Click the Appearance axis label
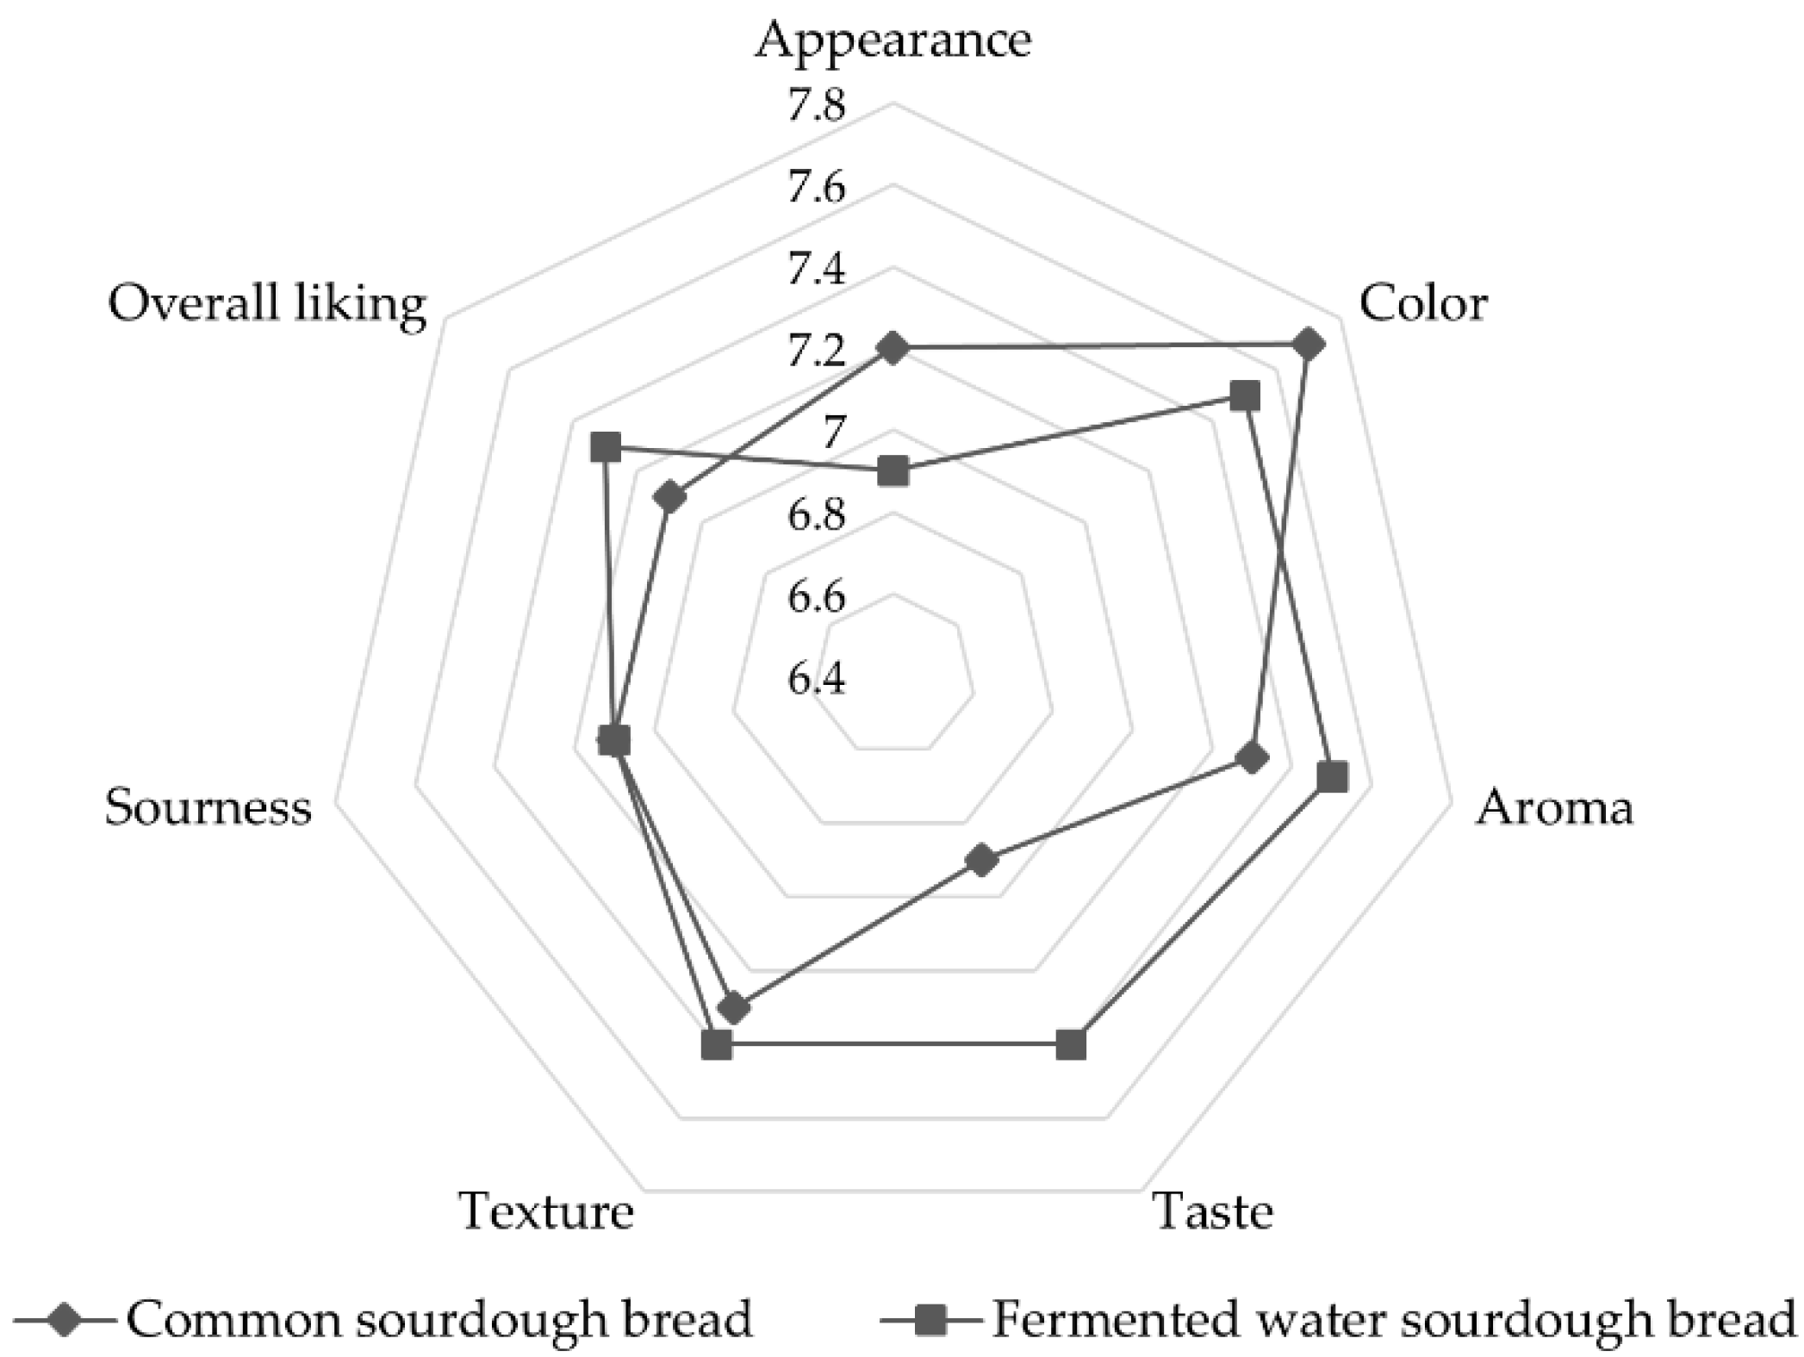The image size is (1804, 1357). click(893, 40)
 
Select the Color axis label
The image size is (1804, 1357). click(1422, 303)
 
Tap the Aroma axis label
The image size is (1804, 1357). click(1553, 808)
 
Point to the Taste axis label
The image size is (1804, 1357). click(1212, 1211)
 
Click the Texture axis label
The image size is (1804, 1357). click(546, 1211)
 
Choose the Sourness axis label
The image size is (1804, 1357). click(208, 808)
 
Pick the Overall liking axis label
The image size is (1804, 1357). click(267, 303)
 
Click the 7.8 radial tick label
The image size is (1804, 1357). click(816, 106)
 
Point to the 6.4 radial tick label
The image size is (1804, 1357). click(816, 679)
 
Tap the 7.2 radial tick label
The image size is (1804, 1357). click(816, 352)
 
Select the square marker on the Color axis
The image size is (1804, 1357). click(1245, 396)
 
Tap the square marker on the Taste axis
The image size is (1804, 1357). click(1071, 1045)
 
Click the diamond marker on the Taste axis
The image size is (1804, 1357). click(981, 860)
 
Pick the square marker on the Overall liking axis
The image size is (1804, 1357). click(606, 449)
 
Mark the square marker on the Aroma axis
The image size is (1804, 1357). click(1333, 776)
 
